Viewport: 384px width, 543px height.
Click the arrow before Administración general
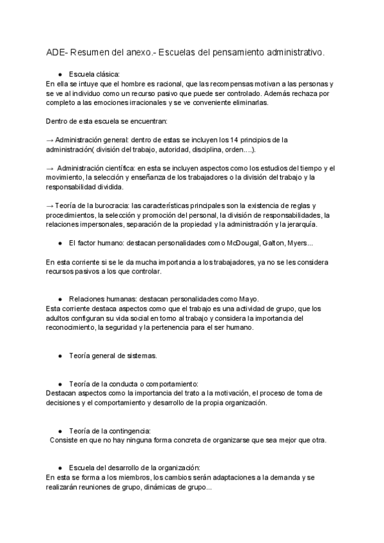pos(51,139)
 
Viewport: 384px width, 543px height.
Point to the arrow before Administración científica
pos(51,168)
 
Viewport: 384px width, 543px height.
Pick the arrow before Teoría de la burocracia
pos(51,206)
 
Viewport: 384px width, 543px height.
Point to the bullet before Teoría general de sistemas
pos(60,355)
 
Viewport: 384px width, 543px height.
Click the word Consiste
pos(63,440)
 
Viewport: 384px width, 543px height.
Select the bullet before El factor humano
pos(60,243)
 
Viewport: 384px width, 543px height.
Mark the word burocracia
pos(111,206)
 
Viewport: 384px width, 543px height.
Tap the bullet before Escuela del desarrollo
pos(60,468)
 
